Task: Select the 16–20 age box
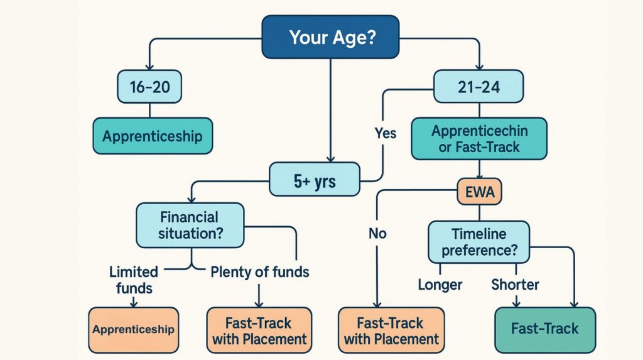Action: [149, 87]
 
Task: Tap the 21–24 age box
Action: [478, 87]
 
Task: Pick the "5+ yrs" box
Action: [315, 182]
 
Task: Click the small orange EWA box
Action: [480, 193]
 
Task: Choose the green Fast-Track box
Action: [544, 329]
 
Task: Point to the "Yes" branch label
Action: [385, 133]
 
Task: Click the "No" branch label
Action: [377, 234]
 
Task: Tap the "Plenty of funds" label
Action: [259, 273]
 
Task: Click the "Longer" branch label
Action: [440, 285]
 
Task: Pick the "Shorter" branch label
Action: [516, 285]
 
